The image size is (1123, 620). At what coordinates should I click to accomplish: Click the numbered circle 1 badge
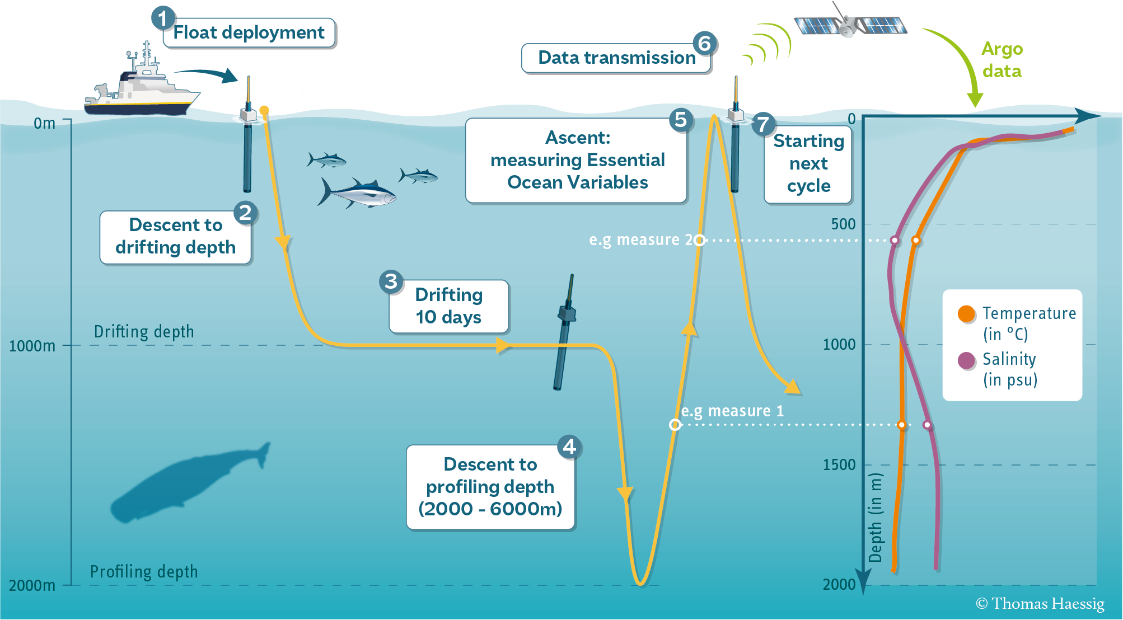(x=163, y=18)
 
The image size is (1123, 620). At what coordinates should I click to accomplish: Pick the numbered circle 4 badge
(x=569, y=447)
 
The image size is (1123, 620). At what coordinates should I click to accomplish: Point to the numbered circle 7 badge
(x=763, y=124)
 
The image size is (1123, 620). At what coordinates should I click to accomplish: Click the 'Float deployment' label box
(x=249, y=33)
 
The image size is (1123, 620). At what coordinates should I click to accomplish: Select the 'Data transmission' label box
(x=616, y=58)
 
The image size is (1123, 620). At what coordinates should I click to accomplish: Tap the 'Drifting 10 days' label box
(x=448, y=306)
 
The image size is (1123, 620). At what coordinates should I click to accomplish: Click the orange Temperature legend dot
(x=966, y=314)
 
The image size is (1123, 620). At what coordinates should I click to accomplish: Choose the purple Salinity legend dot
(x=966, y=360)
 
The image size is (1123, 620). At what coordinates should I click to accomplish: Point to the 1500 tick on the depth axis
(x=839, y=464)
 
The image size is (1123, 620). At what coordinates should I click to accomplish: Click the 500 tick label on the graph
(x=843, y=224)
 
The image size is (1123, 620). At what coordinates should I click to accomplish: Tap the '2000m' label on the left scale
(x=32, y=585)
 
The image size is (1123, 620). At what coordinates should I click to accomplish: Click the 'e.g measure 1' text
(x=732, y=411)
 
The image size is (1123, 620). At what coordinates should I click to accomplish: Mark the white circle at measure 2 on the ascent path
(x=699, y=240)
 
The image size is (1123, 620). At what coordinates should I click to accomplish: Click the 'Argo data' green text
(x=1002, y=60)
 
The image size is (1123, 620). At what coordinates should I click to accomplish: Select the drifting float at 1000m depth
(x=565, y=333)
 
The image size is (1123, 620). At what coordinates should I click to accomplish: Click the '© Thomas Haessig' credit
(x=1040, y=604)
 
